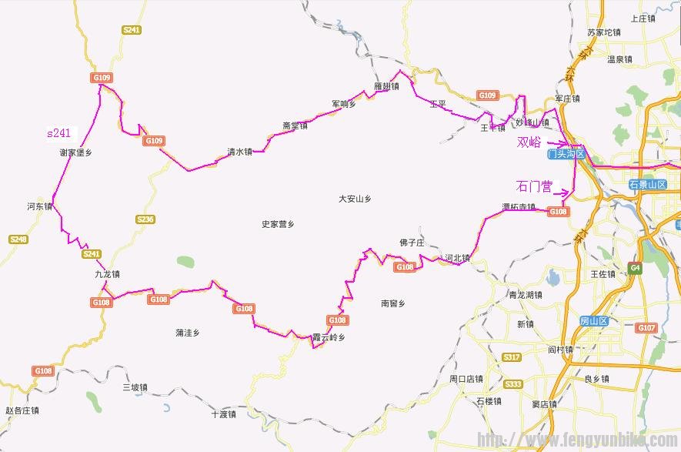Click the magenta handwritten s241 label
click(x=58, y=133)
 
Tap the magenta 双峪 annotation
click(x=529, y=142)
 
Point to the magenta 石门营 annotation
click(x=534, y=186)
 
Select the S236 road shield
click(x=145, y=219)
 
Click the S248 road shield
click(x=18, y=239)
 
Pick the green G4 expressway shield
click(x=635, y=268)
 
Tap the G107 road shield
click(x=646, y=328)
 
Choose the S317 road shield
click(x=511, y=357)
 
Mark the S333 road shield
click(x=513, y=383)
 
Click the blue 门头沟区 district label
click(x=566, y=155)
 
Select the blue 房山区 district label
click(x=594, y=320)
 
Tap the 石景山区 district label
click(x=645, y=184)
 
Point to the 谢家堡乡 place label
click(x=75, y=152)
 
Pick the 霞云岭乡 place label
click(x=329, y=337)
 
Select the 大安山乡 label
click(x=355, y=199)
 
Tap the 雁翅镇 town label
click(x=386, y=86)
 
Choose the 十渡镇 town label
click(x=224, y=414)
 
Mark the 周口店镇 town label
click(x=466, y=379)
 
